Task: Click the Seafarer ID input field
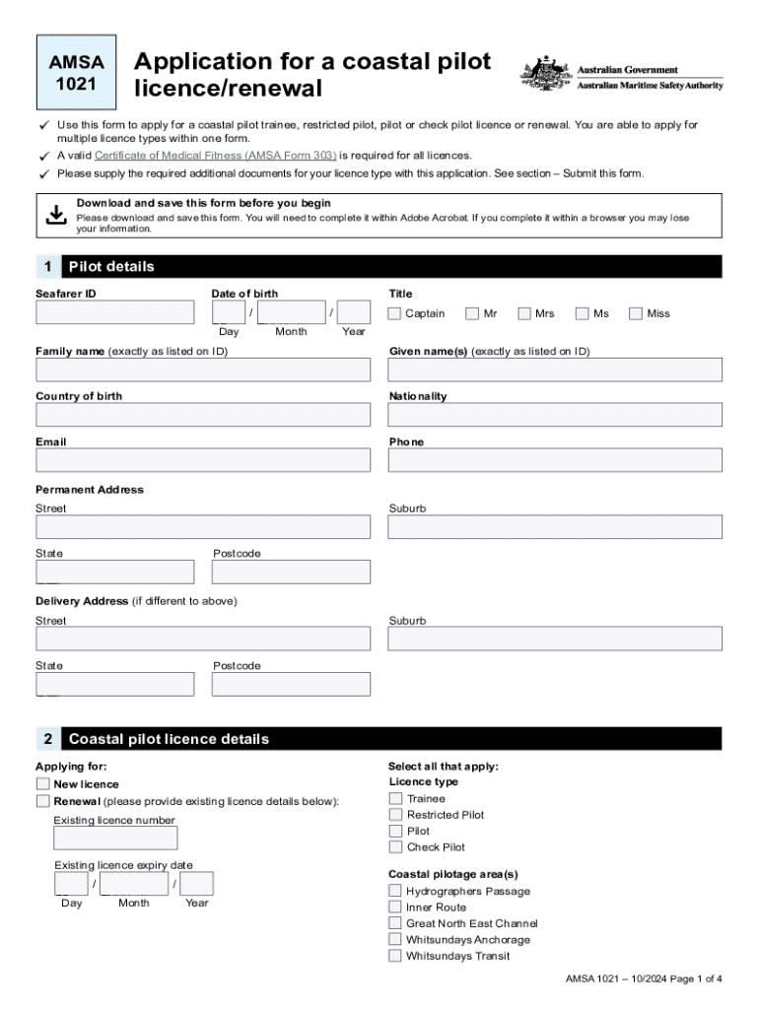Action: click(x=115, y=313)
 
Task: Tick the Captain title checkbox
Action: click(x=394, y=313)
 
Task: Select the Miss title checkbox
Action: click(x=637, y=313)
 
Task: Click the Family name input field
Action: click(x=203, y=370)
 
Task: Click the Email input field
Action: click(x=203, y=460)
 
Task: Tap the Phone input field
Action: click(x=555, y=460)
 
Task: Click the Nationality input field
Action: click(x=555, y=415)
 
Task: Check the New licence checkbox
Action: click(x=42, y=784)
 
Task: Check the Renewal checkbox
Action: click(x=42, y=801)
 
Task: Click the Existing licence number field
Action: click(x=115, y=839)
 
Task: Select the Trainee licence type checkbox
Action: click(x=395, y=798)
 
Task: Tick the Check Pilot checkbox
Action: click(x=395, y=846)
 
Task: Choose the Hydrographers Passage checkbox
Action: click(x=395, y=891)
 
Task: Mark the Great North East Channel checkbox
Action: click(x=395, y=923)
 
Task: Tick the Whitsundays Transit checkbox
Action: click(x=395, y=956)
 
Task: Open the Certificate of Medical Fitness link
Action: click(x=215, y=156)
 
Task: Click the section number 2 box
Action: click(x=47, y=739)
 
